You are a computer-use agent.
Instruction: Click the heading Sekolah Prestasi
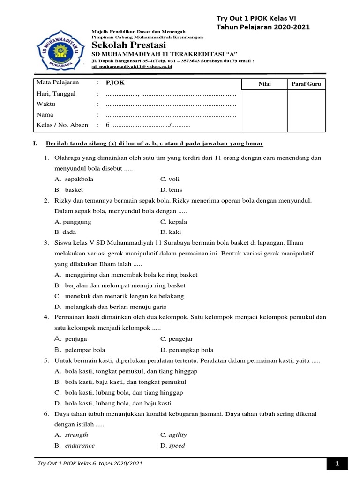[x=129, y=45]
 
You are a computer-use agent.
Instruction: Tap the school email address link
[x=132, y=67]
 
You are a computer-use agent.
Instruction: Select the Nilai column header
[x=264, y=84]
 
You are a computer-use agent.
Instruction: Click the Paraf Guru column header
[x=306, y=84]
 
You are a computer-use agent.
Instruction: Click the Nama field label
[x=45, y=115]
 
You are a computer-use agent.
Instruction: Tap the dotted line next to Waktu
[x=171, y=105]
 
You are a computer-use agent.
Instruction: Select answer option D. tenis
[x=171, y=190]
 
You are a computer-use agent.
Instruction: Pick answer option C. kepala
[x=173, y=222]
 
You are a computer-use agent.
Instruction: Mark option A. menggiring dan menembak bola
[x=126, y=275]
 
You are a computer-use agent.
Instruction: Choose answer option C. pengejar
[x=176, y=338]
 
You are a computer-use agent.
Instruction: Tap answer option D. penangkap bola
[x=187, y=350]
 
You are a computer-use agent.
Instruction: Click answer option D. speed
[x=172, y=446]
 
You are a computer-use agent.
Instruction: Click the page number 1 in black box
[x=337, y=464]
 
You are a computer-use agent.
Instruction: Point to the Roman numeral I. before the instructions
[x=35, y=143]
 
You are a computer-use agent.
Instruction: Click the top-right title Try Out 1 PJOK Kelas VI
[x=256, y=18]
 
